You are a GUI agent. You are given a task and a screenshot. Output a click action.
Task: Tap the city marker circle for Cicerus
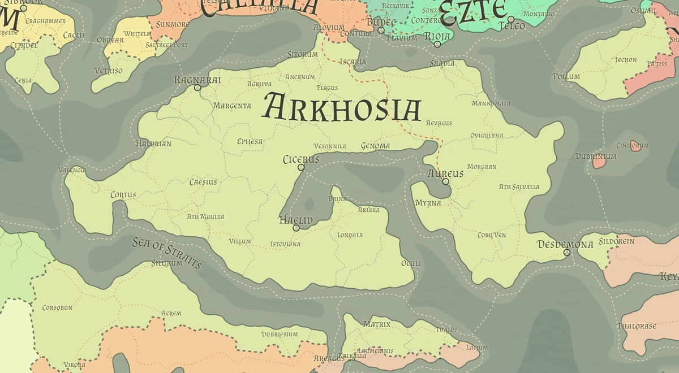tap(301, 168)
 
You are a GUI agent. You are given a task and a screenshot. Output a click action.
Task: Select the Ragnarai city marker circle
tap(197, 88)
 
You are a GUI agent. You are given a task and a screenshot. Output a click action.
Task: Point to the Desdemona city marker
tap(567, 253)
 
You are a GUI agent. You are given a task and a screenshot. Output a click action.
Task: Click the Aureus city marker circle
tap(446, 182)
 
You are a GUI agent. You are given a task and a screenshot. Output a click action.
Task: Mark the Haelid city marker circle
tap(296, 228)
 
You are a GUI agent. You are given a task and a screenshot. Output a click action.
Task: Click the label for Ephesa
tap(250, 141)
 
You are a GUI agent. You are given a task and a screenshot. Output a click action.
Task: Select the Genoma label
tap(376, 146)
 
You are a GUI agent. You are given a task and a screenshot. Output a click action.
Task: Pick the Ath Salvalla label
tap(519, 187)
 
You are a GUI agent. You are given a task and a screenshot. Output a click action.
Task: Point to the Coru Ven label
tap(491, 235)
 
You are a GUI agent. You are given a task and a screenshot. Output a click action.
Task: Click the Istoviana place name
tap(285, 244)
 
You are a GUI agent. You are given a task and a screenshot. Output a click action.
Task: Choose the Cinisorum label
tap(632, 145)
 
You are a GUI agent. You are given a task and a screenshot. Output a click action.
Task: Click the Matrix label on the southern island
tap(377, 324)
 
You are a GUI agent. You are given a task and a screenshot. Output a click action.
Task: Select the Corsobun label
tap(57, 308)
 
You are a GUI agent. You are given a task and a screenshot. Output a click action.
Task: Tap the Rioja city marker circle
tap(437, 44)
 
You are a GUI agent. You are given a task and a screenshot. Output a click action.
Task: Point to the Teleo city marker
tap(511, 19)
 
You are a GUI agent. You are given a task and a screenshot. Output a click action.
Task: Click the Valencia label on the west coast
tap(72, 170)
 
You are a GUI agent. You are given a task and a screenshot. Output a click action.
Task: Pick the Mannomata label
tap(491, 103)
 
